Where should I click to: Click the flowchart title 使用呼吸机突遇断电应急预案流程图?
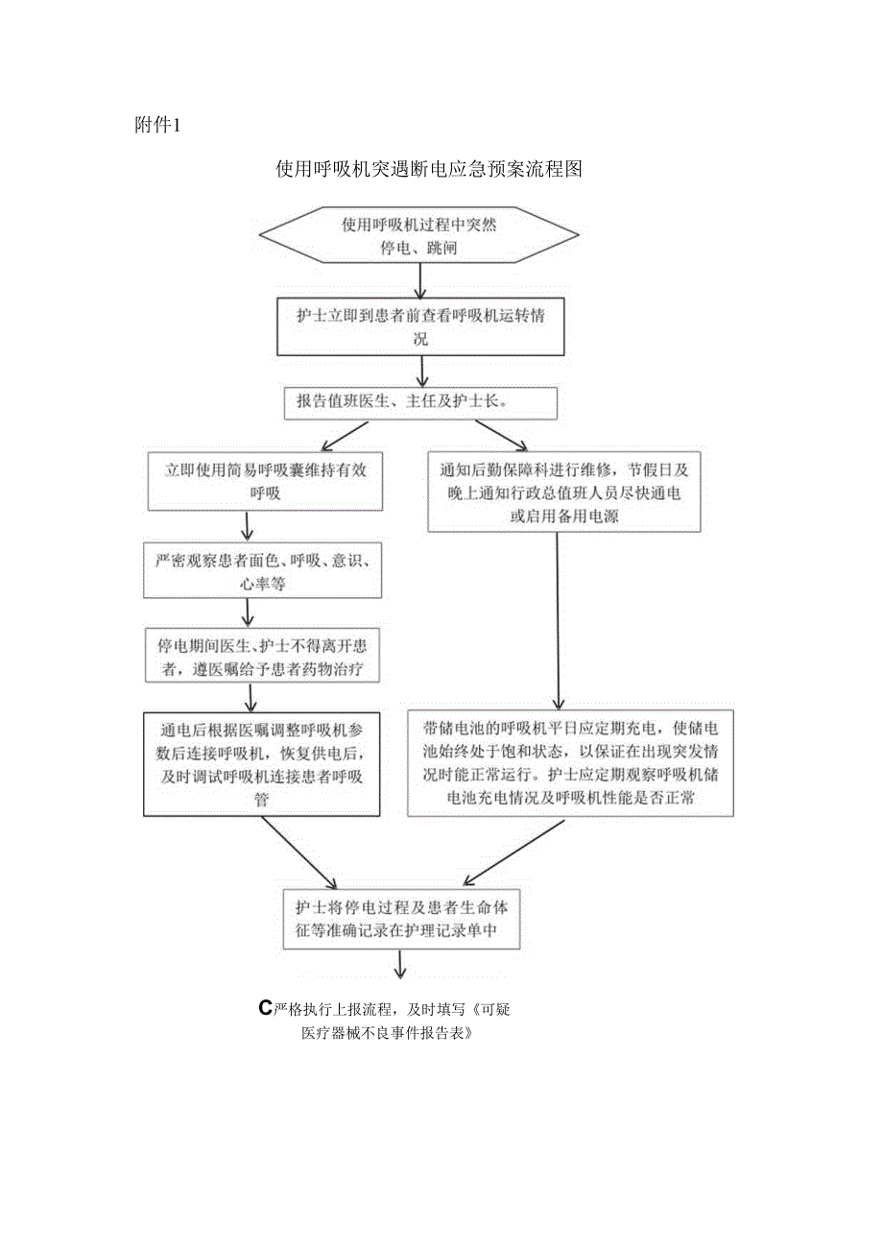429,170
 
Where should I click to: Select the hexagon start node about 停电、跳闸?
419,235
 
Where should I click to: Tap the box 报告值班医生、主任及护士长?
420,402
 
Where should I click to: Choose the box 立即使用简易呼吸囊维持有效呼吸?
264,481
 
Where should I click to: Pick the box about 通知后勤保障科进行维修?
564,492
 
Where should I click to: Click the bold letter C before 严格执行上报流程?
266,1008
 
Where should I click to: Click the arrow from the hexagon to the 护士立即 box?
419,279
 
